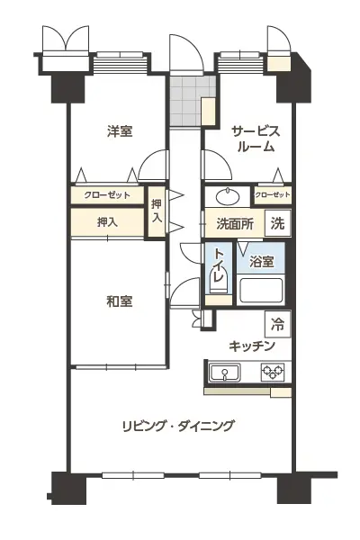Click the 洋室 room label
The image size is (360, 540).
coord(120,131)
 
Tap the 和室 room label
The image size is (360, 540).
coord(120,301)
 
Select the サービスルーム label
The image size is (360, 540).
coord(256,139)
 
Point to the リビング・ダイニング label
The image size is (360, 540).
coord(178,426)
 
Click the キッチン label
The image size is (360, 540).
coord(252,346)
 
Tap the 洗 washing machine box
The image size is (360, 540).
coord(278,223)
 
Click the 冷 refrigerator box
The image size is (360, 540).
coord(278,324)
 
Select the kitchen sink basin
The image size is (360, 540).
coord(225,373)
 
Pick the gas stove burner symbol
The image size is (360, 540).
coord(273,372)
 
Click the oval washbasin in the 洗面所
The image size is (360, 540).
coord(228,197)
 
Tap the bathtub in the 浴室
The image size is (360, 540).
coord(261,290)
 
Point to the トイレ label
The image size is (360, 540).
coord(219,265)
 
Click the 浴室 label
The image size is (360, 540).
coord(262,262)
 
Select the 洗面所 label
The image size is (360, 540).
coord(235,224)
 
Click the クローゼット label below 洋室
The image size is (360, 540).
coord(107,195)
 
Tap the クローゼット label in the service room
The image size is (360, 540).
coord(273,195)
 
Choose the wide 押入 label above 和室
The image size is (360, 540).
coord(107,222)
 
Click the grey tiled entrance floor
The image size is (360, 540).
coord(186,101)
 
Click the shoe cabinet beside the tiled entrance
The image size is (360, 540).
coord(209,112)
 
